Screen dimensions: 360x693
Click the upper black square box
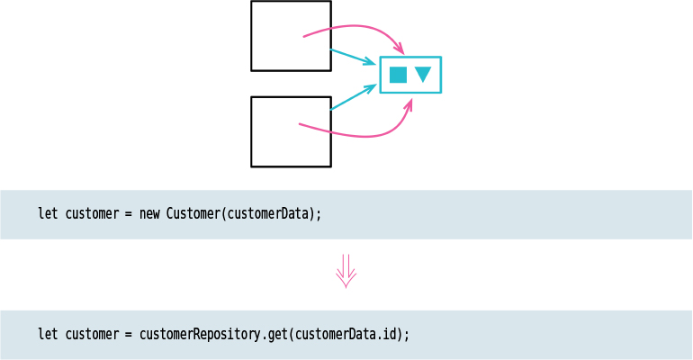coord(291,36)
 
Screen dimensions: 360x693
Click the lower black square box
coord(291,131)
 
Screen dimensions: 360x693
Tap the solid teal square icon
coord(398,75)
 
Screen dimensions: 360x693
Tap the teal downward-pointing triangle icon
coord(423,75)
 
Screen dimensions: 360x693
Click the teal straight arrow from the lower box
coord(353,97)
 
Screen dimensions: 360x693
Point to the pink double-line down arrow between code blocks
coord(346,271)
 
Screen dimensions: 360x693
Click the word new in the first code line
coord(149,214)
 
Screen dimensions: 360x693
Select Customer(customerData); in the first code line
coord(244,214)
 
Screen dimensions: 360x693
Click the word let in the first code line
coord(48,214)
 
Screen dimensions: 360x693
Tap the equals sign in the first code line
coord(130,214)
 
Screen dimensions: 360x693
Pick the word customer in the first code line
coord(92,214)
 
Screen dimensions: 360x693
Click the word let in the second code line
coord(48,334)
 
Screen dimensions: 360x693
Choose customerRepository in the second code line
coord(201,334)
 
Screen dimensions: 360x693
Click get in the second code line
coord(278,334)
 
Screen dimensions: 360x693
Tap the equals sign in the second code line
coord(130,334)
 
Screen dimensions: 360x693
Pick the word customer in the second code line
coord(92,334)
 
